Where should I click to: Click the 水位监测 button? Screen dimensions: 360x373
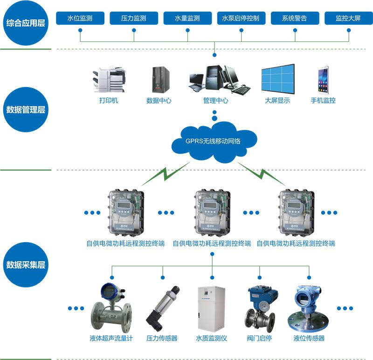coord(80,19)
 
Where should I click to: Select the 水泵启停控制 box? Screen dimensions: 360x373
coord(242,19)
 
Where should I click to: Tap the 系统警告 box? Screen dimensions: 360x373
coord(295,19)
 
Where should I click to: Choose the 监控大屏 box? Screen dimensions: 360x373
coord(348,19)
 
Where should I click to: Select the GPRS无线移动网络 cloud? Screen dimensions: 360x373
coord(213,140)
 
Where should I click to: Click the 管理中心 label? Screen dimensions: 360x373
coord(215,100)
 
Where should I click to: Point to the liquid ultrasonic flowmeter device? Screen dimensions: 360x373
coord(111,307)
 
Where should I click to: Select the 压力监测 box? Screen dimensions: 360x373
coord(134,19)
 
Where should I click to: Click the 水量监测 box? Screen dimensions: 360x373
coord(187,19)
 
